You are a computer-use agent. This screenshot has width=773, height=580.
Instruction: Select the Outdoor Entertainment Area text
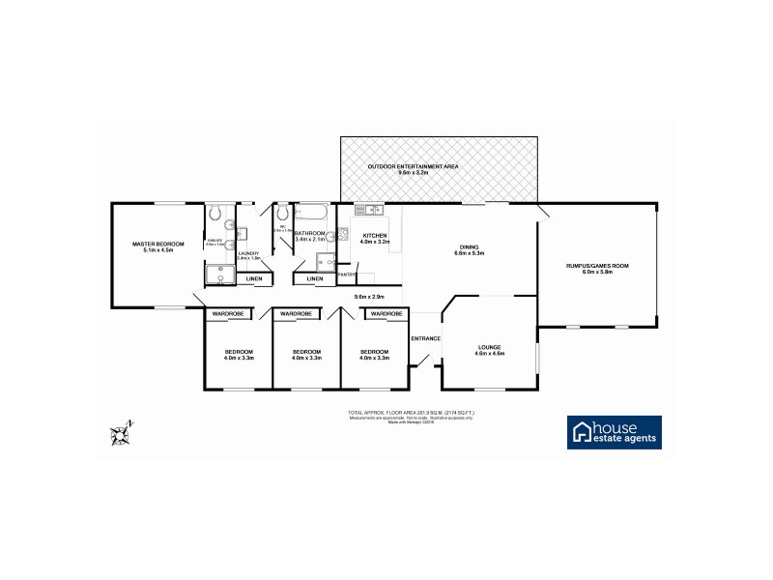click(413, 166)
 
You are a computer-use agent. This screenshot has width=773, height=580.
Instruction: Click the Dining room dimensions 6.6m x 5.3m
click(469, 252)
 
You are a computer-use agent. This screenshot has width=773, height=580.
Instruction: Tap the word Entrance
click(425, 338)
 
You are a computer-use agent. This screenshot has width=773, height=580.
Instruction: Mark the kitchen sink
click(369, 210)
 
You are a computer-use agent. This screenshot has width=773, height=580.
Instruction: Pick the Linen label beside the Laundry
click(253, 279)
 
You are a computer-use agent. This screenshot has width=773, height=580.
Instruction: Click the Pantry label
click(346, 275)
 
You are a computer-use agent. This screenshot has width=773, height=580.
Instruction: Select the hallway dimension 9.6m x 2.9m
click(369, 296)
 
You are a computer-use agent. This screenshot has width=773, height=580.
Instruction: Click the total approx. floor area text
click(411, 413)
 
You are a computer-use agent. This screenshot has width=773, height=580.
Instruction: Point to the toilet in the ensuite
click(217, 213)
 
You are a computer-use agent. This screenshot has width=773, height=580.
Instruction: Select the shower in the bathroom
click(324, 259)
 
